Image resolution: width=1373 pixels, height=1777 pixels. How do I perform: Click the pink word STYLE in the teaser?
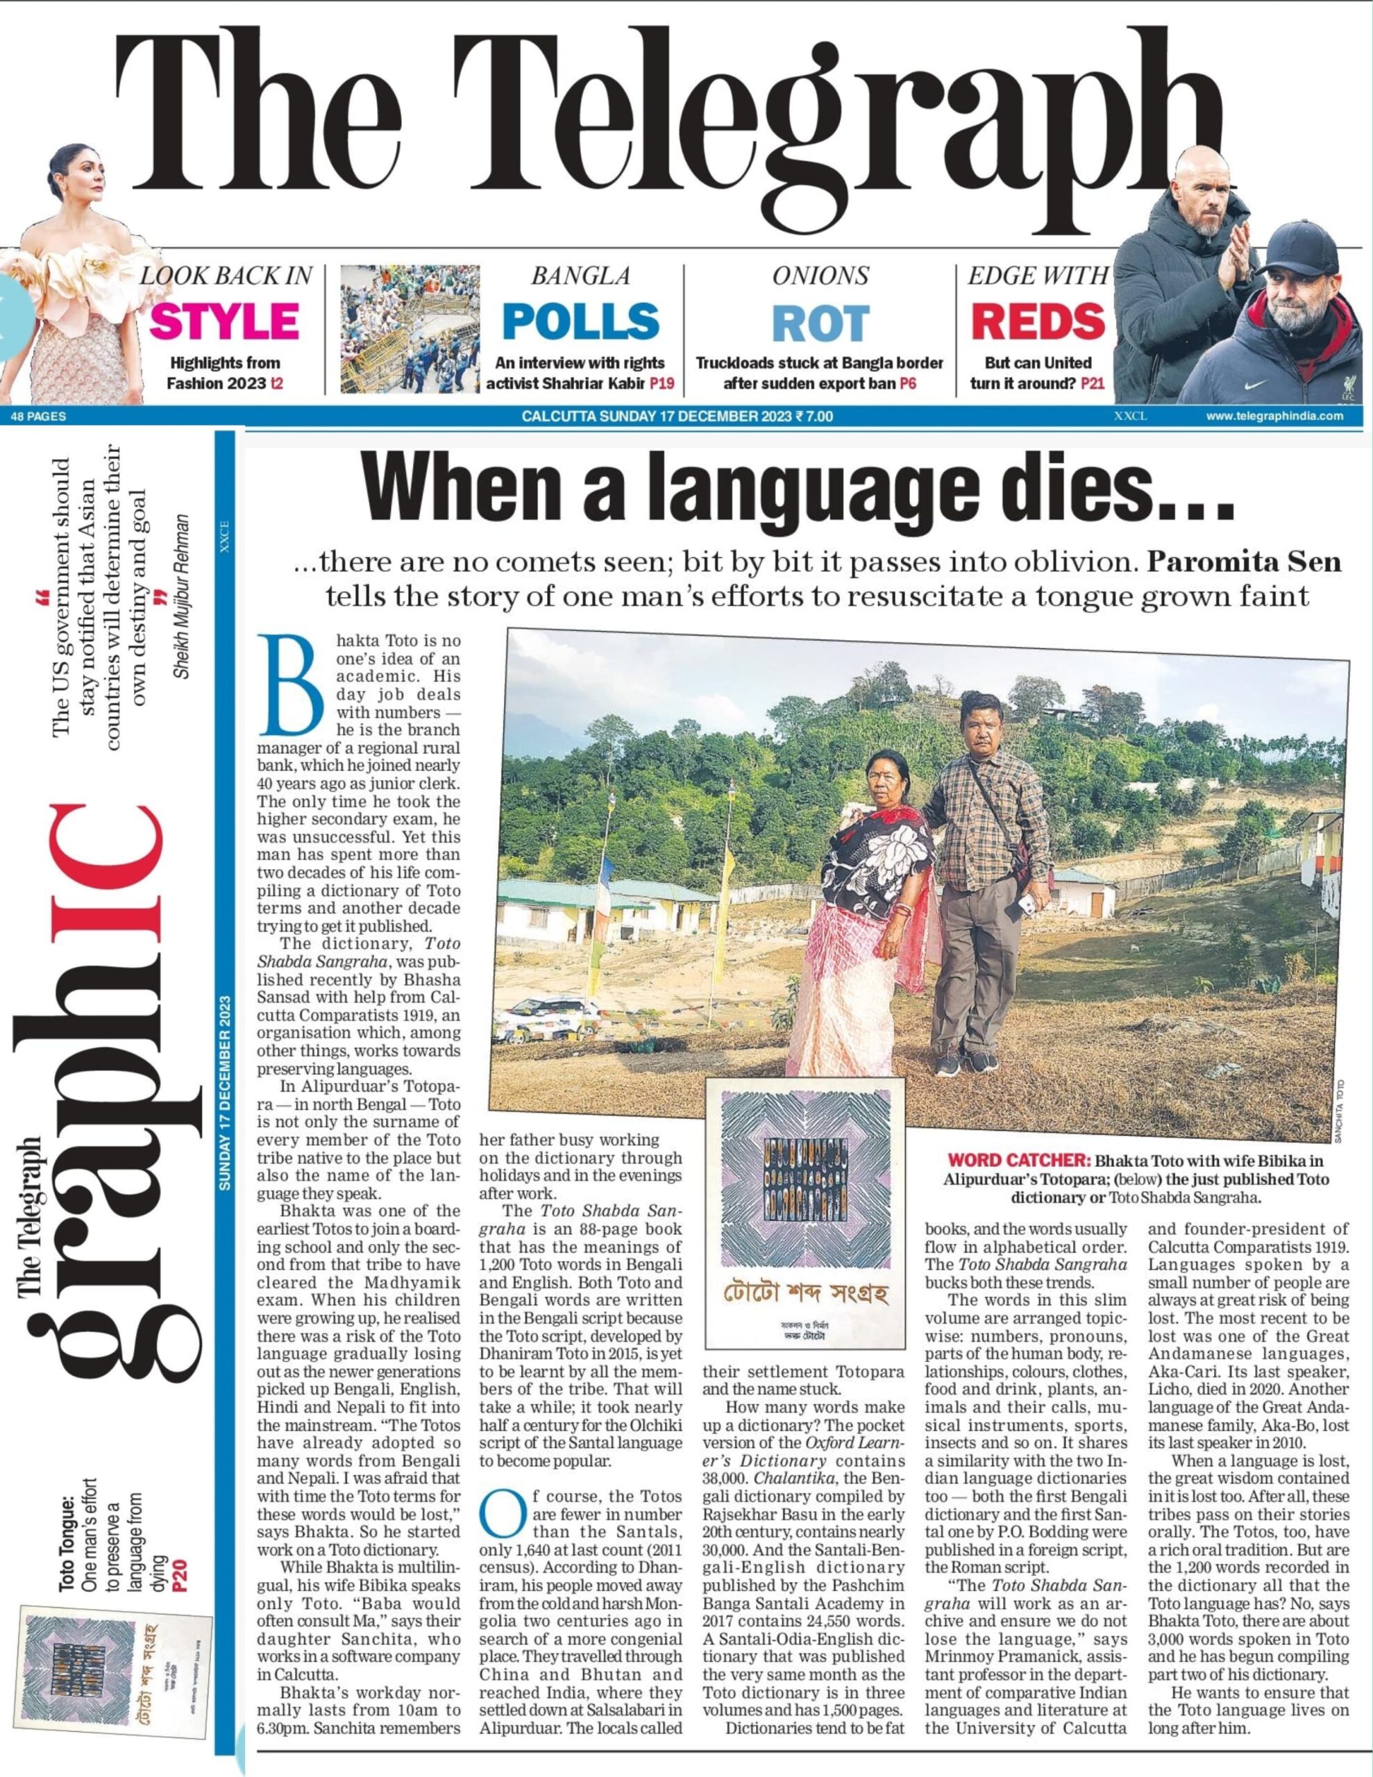click(x=225, y=321)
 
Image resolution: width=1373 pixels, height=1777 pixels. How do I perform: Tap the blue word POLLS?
click(x=580, y=321)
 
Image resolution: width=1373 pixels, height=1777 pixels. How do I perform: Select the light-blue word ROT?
click(x=820, y=322)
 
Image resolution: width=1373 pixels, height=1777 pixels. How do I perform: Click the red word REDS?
click(x=1038, y=321)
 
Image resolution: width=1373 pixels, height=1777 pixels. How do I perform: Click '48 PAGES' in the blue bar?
click(x=39, y=416)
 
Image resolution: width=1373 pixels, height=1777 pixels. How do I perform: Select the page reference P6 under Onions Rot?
click(x=909, y=383)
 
